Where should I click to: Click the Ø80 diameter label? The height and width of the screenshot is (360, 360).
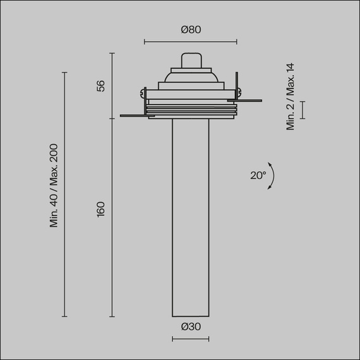(190, 30)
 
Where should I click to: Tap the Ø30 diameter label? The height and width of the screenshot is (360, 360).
(190, 327)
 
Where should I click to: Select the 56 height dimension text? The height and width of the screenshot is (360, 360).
(101, 86)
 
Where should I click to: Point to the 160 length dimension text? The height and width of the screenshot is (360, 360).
(101, 208)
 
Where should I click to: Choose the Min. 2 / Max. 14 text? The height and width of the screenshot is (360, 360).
(291, 97)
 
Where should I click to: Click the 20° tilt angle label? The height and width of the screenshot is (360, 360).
(258, 176)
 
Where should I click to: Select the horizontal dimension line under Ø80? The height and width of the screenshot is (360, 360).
(190, 42)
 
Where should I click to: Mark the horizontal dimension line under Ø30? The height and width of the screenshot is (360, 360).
(190, 339)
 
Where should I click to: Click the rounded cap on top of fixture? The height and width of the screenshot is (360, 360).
(190, 59)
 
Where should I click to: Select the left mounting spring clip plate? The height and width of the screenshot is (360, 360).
(134, 115)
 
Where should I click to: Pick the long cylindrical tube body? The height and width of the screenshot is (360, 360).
(190, 215)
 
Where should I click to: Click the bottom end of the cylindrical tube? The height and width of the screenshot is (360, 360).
(190, 315)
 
